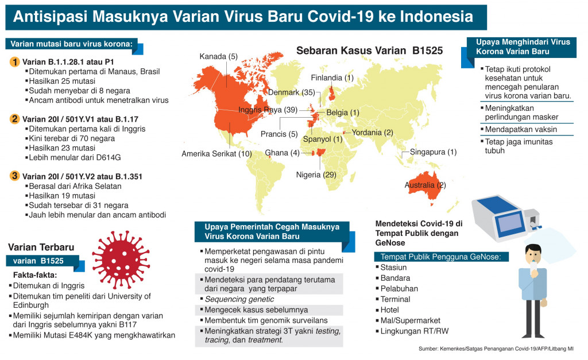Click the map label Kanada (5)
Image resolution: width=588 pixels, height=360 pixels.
tap(218, 56)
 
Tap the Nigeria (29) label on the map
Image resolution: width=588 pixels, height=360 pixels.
tap(316, 175)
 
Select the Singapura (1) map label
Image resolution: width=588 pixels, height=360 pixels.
tap(433, 152)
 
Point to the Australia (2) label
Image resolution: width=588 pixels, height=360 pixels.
tap(425, 185)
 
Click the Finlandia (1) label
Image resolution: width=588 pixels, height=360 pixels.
tap(332, 78)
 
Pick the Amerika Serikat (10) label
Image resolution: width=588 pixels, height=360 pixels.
tap(216, 153)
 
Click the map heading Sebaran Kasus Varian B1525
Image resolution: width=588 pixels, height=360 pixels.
tap(369, 51)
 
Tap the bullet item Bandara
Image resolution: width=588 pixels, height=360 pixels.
tap(395, 278)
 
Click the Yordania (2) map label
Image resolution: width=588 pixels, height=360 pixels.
tap(374, 133)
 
